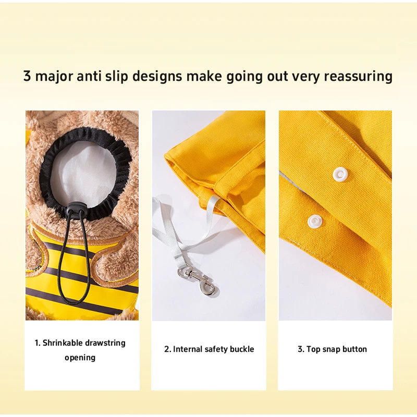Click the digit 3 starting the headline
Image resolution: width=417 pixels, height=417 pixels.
27,76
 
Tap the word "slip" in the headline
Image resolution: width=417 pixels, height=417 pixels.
116,77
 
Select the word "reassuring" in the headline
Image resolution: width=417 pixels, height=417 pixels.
358,77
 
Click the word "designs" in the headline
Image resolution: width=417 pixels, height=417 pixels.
157,77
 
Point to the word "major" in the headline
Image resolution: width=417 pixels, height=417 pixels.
54,77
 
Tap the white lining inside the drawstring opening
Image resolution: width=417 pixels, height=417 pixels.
83,170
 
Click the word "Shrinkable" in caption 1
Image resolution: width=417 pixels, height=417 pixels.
63,343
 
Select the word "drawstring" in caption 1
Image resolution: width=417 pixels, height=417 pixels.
105,343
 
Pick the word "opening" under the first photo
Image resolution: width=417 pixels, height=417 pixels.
80,358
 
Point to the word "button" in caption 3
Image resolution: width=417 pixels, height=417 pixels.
355,349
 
